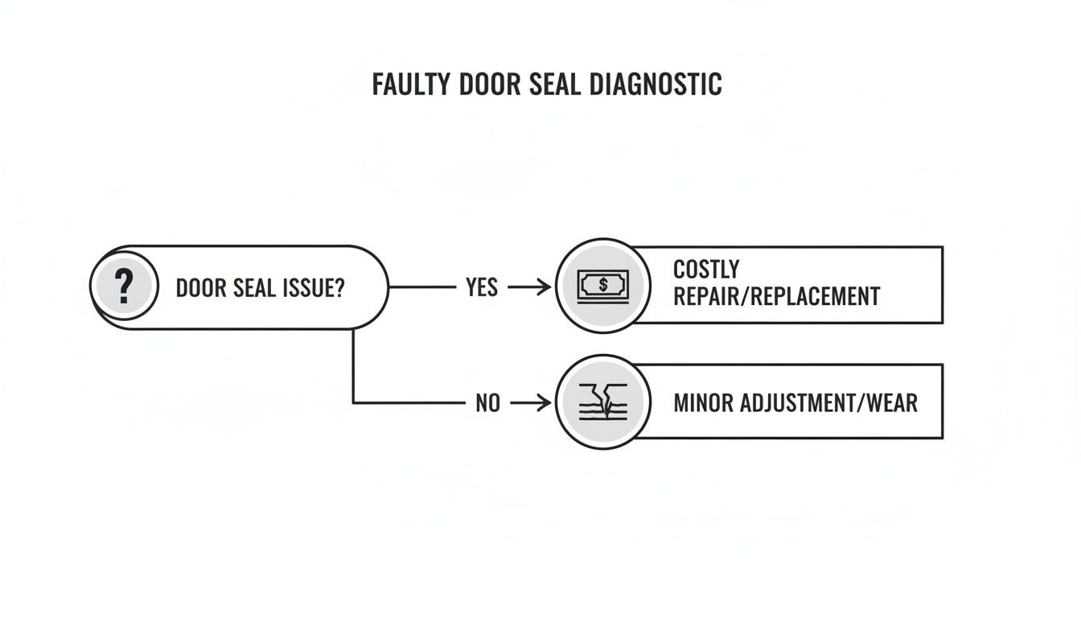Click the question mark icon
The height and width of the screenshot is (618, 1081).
(123, 286)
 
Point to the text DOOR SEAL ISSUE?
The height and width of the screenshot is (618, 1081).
(259, 288)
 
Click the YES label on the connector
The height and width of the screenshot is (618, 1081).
(482, 287)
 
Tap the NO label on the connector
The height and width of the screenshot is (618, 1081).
(487, 402)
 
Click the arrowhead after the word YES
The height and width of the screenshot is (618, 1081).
(543, 287)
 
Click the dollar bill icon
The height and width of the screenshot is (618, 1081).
(603, 285)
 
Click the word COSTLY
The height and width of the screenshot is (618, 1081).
(705, 270)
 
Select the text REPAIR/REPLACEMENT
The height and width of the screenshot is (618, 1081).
(775, 296)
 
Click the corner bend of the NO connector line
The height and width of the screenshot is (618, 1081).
(354, 402)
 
